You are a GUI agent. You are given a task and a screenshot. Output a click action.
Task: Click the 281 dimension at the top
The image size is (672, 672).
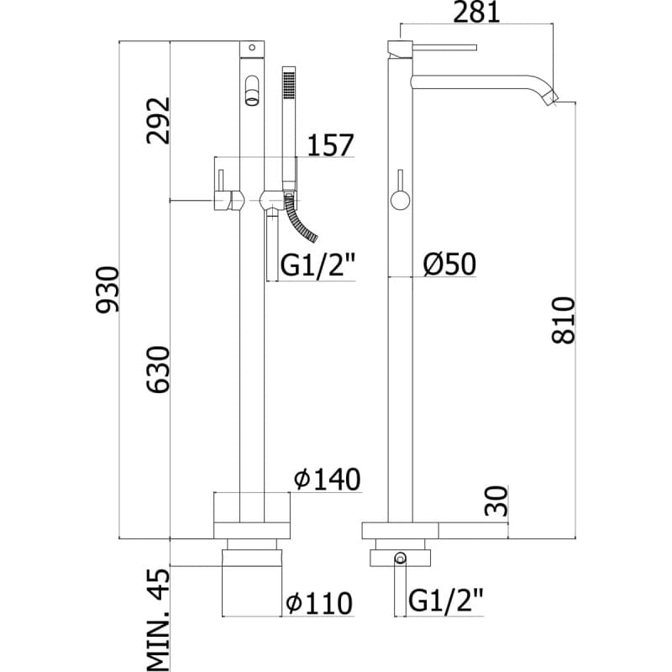pos(476,12)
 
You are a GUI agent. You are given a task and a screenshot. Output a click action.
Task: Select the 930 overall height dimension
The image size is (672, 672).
pos(108,290)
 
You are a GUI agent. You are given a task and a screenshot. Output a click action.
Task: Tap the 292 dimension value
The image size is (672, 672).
pos(159,120)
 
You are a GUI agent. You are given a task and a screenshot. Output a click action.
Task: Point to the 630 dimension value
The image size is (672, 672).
pos(159,370)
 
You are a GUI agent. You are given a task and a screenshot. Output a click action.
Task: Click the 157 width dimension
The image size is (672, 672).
pos(330,144)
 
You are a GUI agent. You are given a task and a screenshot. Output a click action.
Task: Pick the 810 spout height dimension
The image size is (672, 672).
pos(563,320)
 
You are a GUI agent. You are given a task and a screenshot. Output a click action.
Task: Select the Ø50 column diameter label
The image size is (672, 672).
pos(449,264)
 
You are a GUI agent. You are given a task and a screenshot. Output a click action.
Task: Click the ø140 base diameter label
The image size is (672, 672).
pos(328,479)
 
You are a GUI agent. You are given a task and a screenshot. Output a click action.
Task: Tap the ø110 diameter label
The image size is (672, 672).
pos(320,603)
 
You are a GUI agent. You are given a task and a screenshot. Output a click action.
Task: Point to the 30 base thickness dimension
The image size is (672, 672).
pos(496,501)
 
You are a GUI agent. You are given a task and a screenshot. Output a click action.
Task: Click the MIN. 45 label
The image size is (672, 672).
pos(159,620)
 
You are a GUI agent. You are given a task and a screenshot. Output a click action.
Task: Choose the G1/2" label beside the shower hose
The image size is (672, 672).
pos(318,266)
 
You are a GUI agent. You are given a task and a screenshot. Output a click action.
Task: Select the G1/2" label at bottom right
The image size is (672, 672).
pos(446,601)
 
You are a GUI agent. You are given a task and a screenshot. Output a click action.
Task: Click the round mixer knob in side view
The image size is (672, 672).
pos(401,201)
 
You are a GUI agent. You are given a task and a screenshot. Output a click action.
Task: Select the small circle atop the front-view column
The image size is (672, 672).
pos(252,47)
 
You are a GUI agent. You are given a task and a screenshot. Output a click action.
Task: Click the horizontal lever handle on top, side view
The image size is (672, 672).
pos(444,47)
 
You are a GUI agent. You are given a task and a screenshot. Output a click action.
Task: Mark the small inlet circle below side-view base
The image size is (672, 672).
pos(401,558)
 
